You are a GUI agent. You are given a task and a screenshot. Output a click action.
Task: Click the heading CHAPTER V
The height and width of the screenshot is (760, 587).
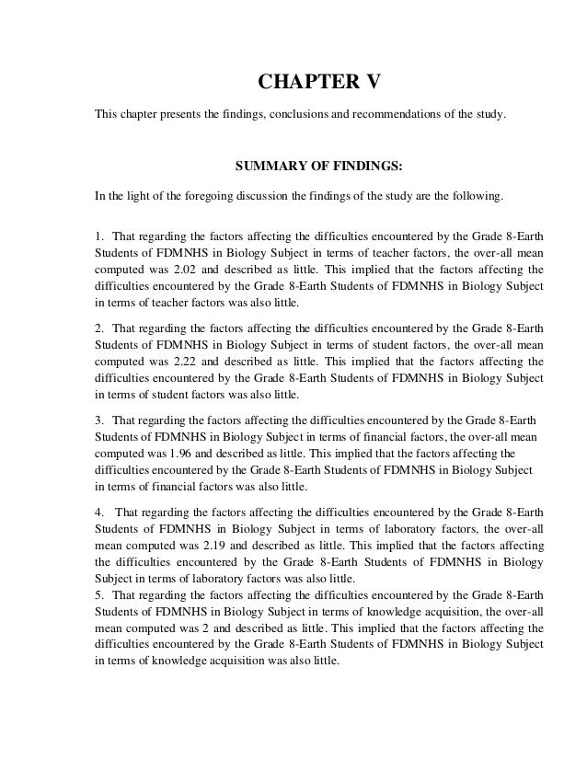point(317,84)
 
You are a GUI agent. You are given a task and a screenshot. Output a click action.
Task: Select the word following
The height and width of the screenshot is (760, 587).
point(478,197)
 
